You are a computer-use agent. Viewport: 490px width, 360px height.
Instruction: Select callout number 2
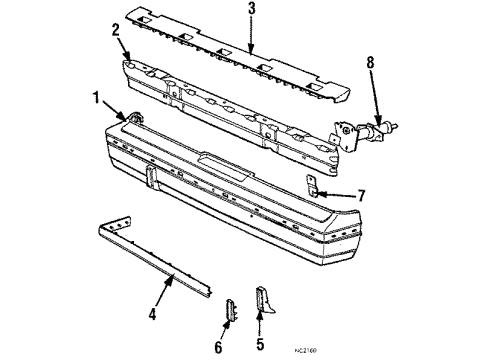coord(118,30)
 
